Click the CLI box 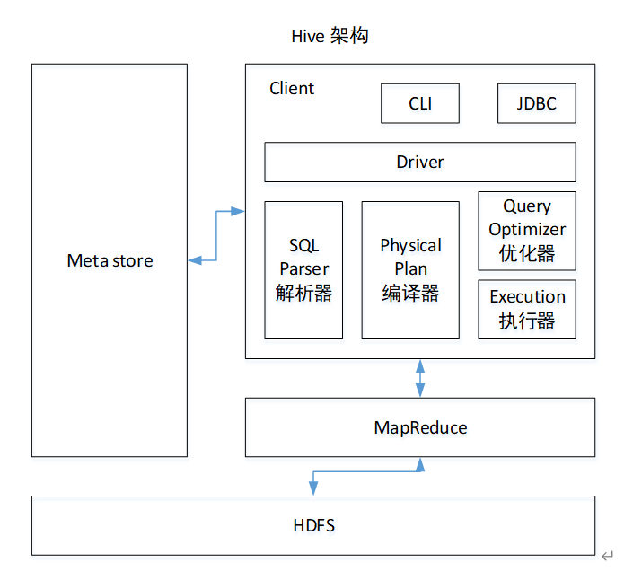click(x=420, y=103)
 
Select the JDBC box click(x=537, y=103)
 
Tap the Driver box click(x=420, y=162)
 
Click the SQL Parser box click(x=303, y=270)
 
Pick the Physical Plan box click(x=410, y=270)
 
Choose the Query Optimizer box click(x=527, y=231)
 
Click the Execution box click(x=527, y=310)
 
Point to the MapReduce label click(x=420, y=427)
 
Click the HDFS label click(x=313, y=525)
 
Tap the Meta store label click(x=110, y=260)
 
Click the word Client click(x=292, y=88)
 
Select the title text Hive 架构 click(x=330, y=36)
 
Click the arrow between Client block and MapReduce click(x=420, y=378)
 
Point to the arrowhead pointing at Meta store click(x=195, y=260)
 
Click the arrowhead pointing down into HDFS click(x=313, y=488)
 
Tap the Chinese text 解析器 click(x=303, y=293)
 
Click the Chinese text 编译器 click(x=410, y=293)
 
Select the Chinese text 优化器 click(x=527, y=254)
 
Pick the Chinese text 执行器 click(x=527, y=321)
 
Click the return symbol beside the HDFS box click(x=607, y=556)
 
